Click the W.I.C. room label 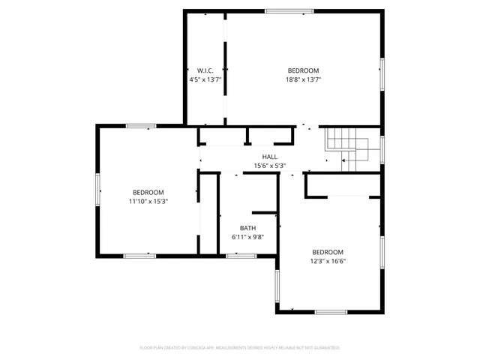click(205, 70)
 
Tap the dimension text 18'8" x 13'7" click(304, 79)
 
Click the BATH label click(247, 228)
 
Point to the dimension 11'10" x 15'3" click(148, 201)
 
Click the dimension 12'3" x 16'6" click(328, 261)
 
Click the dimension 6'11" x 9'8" click(247, 237)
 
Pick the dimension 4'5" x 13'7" click(205, 79)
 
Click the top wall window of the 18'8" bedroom click(289, 11)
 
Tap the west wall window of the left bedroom click(97, 189)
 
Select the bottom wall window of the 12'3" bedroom click(331, 311)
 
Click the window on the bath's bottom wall click(241, 256)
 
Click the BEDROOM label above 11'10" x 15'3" click(148, 192)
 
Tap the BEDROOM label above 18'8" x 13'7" click(304, 70)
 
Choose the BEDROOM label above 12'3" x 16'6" click(328, 252)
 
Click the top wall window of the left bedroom click(141, 126)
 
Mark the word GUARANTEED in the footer click(326, 348)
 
